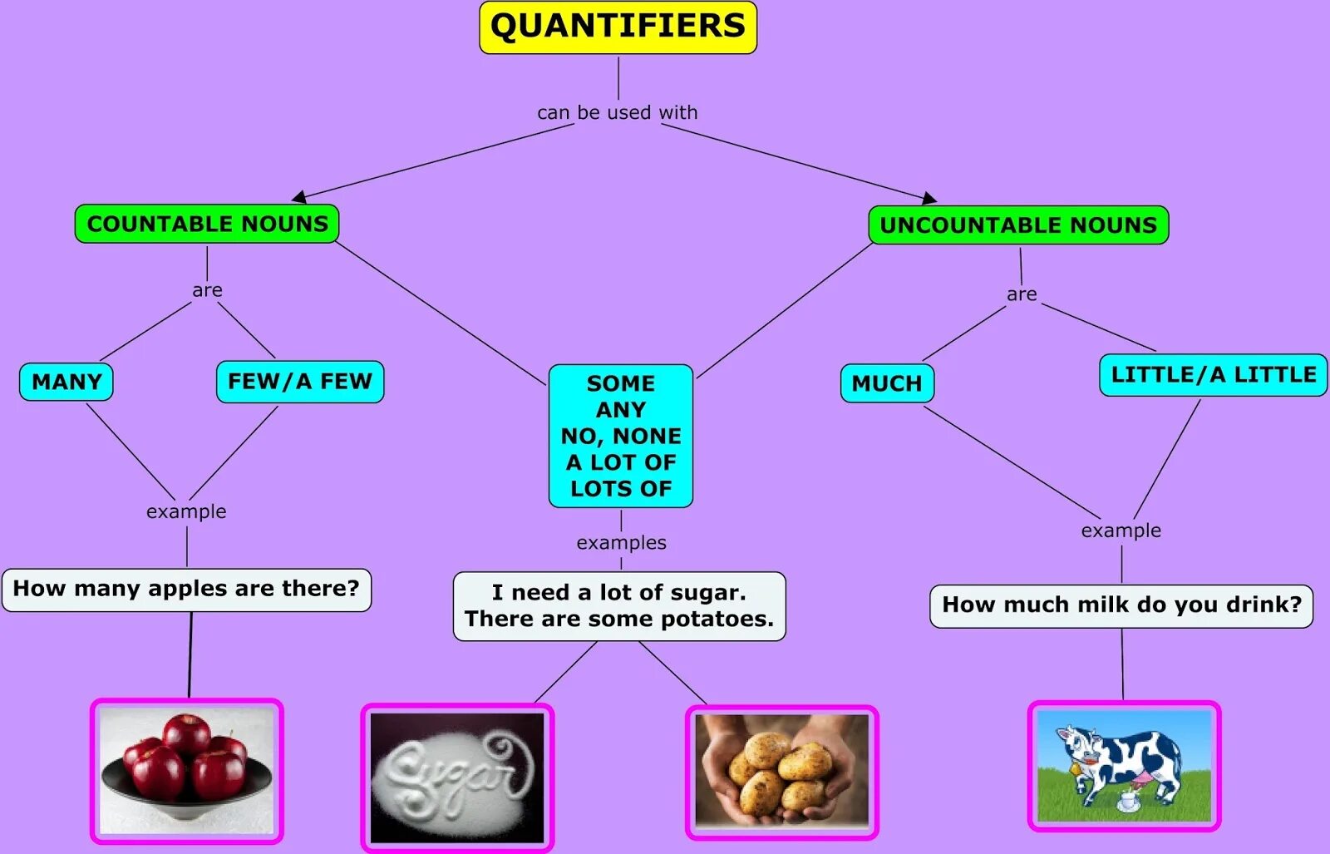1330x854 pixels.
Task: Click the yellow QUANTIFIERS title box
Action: pos(618,27)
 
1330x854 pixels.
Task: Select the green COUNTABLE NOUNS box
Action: pos(207,224)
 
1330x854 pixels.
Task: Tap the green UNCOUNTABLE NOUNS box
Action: pos(1018,225)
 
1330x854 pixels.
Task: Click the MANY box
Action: pos(66,382)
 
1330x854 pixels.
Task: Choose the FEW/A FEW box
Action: pos(300,382)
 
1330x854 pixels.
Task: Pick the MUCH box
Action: pos(887,383)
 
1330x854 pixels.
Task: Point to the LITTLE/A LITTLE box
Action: pos(1213,375)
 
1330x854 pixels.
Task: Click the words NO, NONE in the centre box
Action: pos(621,436)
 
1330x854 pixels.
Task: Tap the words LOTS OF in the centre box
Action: pos(621,488)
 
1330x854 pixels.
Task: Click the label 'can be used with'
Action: pos(618,112)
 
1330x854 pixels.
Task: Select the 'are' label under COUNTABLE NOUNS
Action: pos(207,290)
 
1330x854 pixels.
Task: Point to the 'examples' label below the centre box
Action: pos(621,542)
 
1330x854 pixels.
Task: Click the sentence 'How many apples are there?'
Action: pos(186,589)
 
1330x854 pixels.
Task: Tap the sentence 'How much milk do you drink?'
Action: pos(1121,605)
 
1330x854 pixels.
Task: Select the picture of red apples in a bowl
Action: pos(187,771)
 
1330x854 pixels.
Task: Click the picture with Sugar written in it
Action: pos(457,777)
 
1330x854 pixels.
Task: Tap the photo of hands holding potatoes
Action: pos(781,771)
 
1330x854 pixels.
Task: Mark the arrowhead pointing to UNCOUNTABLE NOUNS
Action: pos(929,198)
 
